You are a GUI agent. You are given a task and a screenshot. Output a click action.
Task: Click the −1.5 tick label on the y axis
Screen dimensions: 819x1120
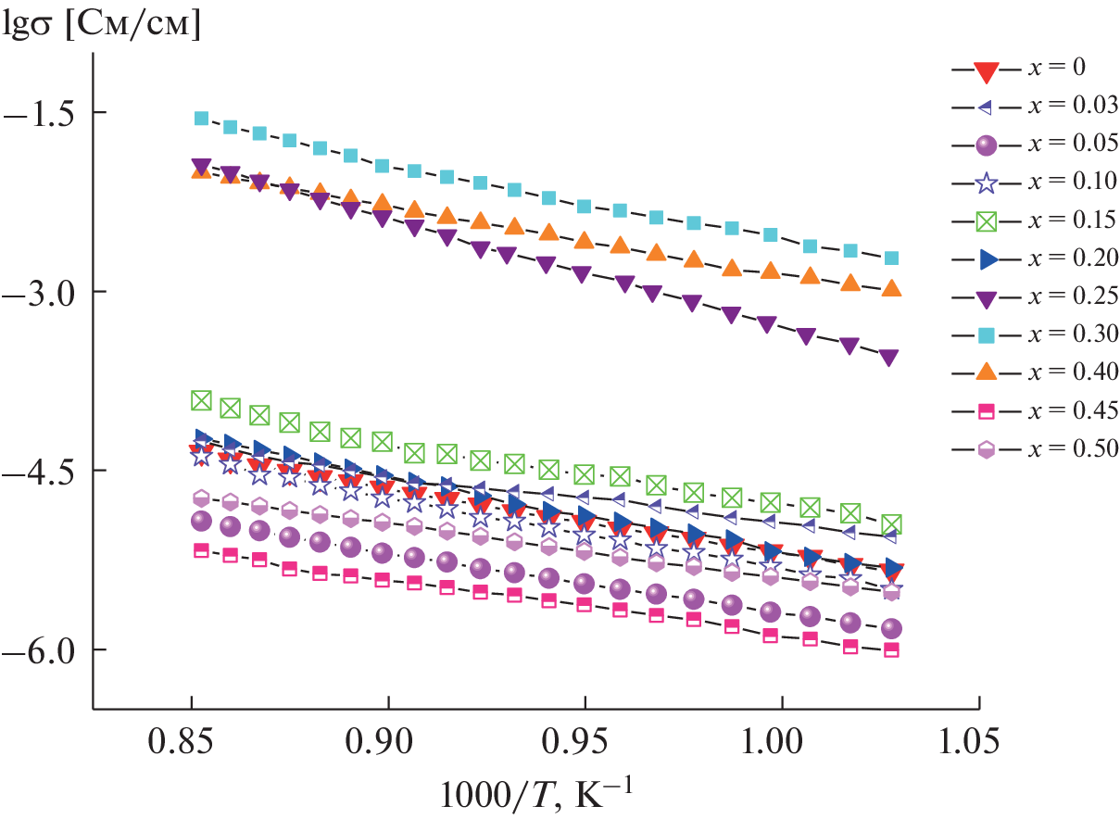pyautogui.click(x=44, y=112)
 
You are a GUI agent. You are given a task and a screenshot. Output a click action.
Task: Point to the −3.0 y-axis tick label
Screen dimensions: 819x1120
pyautogui.click(x=44, y=291)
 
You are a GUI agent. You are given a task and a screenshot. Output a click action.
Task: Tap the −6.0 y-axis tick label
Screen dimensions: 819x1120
pyautogui.click(x=44, y=649)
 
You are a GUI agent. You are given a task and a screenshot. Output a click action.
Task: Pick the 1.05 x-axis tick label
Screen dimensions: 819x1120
pyautogui.click(x=977, y=741)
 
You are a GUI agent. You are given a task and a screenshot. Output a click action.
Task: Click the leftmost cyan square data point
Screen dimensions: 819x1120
pyautogui.click(x=201, y=118)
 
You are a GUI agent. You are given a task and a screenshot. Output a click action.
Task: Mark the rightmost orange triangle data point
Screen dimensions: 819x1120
pyautogui.click(x=891, y=288)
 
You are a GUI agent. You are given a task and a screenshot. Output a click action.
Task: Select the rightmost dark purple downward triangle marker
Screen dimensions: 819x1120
pyautogui.click(x=888, y=358)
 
